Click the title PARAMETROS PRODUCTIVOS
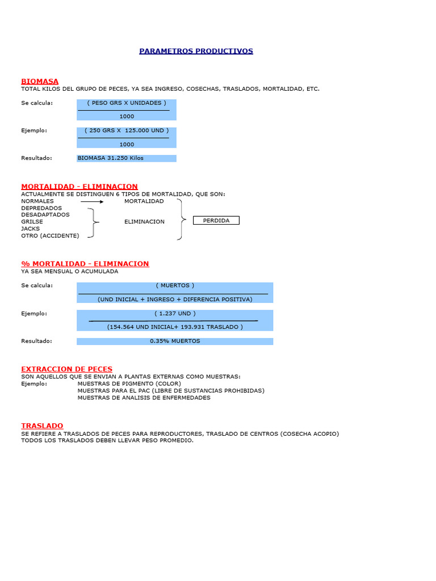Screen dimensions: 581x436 (196, 51)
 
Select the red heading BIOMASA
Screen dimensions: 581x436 (40, 81)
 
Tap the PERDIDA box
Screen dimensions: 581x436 (216, 220)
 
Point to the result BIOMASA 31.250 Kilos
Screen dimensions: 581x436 (111, 158)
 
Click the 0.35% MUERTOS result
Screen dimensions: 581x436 (175, 341)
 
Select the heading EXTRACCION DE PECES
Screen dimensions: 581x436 (66, 369)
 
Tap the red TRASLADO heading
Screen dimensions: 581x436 (42, 426)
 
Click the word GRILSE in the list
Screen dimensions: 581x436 (32, 222)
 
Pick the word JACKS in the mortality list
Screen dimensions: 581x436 (31, 229)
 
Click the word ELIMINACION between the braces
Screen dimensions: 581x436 (144, 222)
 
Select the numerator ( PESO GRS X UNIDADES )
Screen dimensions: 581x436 (127, 103)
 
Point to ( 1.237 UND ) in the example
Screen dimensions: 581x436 (175, 313)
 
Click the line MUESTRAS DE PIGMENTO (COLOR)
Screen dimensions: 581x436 (129, 384)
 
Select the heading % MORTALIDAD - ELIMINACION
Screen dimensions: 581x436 (85, 264)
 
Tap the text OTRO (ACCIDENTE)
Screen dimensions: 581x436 (50, 235)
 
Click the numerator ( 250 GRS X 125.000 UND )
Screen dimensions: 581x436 (127, 130)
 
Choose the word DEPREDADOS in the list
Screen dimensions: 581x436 (41, 208)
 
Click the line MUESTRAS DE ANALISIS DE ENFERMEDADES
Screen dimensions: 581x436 (144, 398)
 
